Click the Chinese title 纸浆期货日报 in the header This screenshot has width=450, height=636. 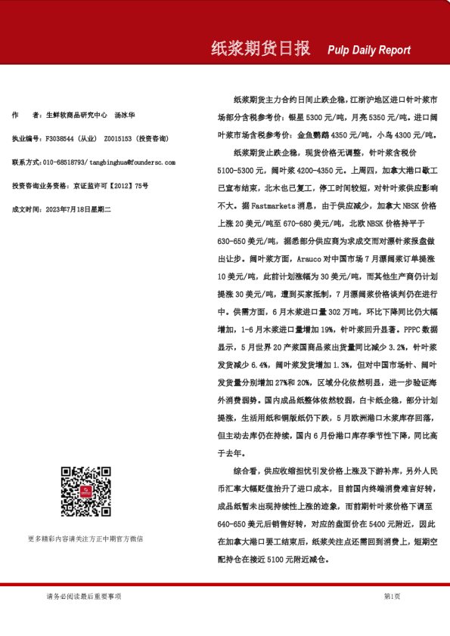click(260, 49)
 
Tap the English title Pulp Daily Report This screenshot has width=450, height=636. click(369, 51)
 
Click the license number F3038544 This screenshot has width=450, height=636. click(61, 139)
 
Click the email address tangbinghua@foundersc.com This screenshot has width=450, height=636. click(121, 162)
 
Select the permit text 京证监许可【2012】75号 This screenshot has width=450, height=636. click(110, 185)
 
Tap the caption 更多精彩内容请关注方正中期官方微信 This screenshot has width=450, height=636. click(85, 539)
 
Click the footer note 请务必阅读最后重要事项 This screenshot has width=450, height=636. click(84, 597)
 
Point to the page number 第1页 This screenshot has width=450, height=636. click(392, 597)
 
